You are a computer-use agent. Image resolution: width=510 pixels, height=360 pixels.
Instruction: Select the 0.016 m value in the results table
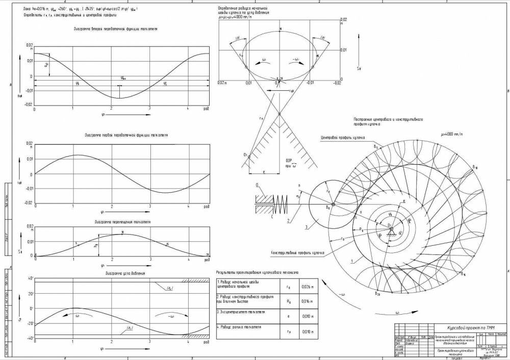(306, 301)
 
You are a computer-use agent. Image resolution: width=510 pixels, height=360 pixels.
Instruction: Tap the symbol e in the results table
(289, 316)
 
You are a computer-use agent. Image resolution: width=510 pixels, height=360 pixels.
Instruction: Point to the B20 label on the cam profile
(377, 294)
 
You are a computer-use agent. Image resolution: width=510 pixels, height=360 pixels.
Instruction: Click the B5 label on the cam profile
(376, 146)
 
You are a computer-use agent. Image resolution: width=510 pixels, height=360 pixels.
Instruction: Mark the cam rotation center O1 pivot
(391, 228)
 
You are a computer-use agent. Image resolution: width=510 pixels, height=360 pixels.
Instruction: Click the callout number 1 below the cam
(352, 261)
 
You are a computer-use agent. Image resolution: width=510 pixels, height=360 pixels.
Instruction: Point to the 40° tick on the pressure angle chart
(30, 278)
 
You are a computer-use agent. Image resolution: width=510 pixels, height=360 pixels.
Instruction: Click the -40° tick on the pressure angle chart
(30, 338)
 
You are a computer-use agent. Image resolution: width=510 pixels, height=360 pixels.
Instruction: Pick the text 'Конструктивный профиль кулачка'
(295, 253)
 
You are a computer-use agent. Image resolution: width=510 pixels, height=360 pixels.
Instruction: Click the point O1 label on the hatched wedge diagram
(245, 154)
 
